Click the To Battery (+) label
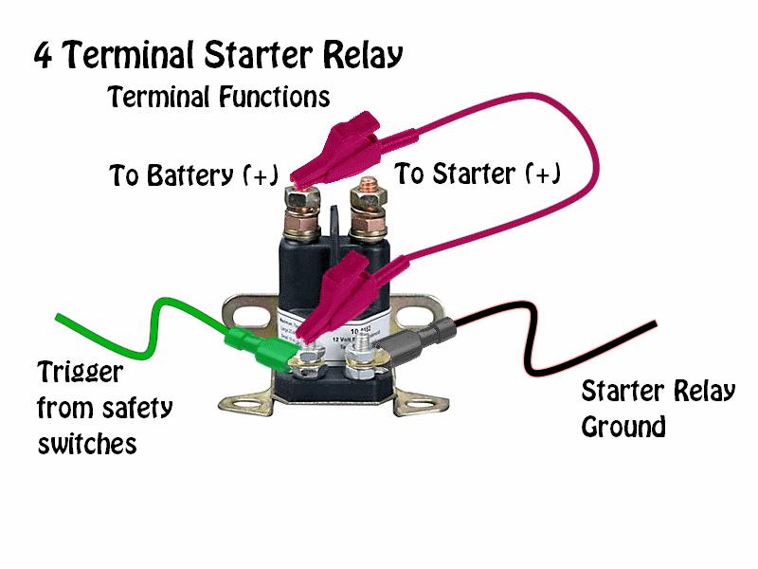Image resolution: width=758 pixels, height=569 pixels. (193, 175)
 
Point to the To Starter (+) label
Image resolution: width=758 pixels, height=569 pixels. (478, 174)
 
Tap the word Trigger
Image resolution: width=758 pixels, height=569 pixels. (80, 373)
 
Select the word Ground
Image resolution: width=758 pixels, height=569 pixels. (623, 428)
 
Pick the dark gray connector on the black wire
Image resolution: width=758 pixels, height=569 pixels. (431, 339)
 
